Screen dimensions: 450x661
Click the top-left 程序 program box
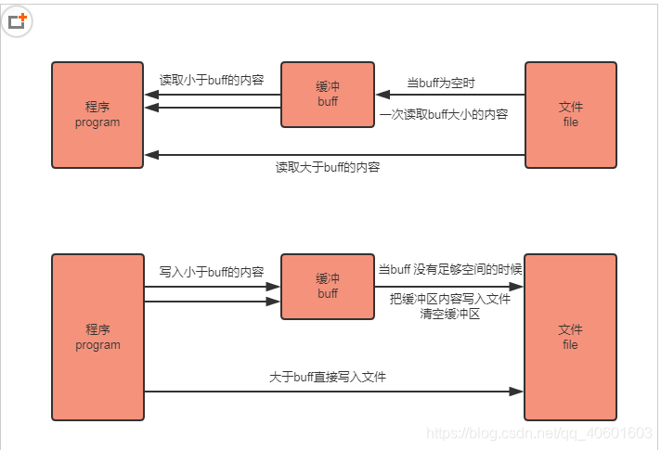coord(97,115)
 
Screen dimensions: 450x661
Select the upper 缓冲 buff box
coord(328,95)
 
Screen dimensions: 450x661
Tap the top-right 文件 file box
coord(570,115)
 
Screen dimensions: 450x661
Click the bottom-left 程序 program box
coord(97,337)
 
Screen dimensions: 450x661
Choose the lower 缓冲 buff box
coord(328,286)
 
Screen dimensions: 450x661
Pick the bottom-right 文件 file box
coord(570,337)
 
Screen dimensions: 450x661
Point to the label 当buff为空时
coord(442,83)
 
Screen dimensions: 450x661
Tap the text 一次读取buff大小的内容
coord(444,116)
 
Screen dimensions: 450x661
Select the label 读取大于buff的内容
coord(328,168)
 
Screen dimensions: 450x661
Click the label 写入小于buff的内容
coord(212,272)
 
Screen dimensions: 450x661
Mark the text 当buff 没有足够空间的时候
coord(450,269)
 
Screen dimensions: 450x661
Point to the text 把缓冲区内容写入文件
coord(450,299)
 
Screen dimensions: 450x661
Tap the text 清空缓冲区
coord(450,314)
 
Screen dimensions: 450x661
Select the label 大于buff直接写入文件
coord(328,377)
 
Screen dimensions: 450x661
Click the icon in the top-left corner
coord(18,19)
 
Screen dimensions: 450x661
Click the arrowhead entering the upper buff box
coord(382,95)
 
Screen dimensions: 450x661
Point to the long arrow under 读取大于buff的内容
coord(334,154)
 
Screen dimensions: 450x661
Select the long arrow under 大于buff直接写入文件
coord(334,392)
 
